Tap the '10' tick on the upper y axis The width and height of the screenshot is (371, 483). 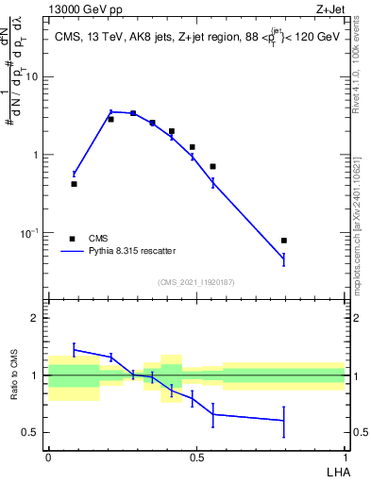[34, 76]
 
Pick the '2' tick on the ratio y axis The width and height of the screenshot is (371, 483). [35, 319]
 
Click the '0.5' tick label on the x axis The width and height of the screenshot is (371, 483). [196, 457]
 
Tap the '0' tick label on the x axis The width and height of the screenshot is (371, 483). [48, 457]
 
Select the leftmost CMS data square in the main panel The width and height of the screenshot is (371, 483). [74, 184]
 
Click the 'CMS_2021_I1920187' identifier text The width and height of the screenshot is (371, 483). [196, 282]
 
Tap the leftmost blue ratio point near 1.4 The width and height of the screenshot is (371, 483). [74, 349]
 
